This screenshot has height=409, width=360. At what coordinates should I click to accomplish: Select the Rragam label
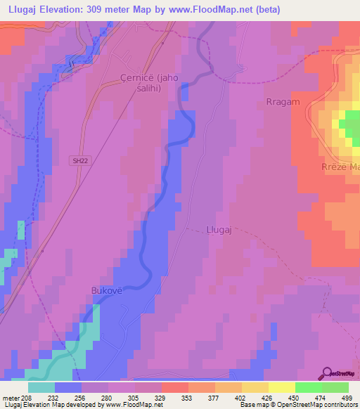click(x=283, y=102)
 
